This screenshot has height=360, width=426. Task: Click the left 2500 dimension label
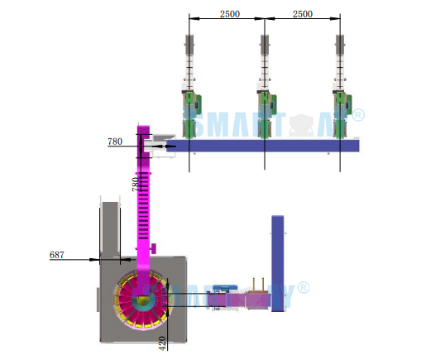click(x=230, y=14)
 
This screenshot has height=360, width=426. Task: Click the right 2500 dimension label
click(x=302, y=14)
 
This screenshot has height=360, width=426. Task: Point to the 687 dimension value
click(x=55, y=255)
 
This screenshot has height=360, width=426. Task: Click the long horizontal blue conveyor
click(x=273, y=146)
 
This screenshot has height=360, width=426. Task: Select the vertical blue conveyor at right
click(x=278, y=261)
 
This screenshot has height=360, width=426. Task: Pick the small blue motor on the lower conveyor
click(x=221, y=290)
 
